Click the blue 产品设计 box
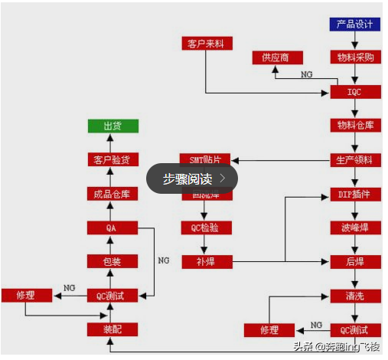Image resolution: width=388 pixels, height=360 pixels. click(355, 24)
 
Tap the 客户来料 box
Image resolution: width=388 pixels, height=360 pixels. click(205, 43)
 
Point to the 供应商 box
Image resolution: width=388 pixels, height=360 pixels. click(277, 57)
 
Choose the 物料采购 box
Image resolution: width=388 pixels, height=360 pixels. click(355, 57)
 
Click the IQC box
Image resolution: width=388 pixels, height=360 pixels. click(355, 92)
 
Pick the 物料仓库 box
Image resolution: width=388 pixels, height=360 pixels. click(355, 126)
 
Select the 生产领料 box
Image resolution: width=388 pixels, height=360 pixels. click(355, 160)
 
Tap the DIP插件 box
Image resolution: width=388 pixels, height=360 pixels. click(355, 194)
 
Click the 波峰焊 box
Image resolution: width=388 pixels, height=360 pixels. click(355, 227)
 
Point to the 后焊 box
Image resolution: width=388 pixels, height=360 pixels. click(355, 262)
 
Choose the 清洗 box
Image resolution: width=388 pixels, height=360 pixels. click(355, 296)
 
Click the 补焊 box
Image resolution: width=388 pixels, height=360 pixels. click(205, 262)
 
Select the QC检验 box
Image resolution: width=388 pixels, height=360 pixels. click(205, 227)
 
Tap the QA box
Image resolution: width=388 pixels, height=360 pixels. click(112, 227)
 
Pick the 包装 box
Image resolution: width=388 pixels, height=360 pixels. click(112, 261)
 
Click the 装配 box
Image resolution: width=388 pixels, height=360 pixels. click(112, 329)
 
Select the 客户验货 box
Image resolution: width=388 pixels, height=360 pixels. click(112, 160)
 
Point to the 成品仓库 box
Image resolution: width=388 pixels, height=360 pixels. click(112, 194)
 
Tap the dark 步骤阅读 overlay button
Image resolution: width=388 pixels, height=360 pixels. click(192, 178)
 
